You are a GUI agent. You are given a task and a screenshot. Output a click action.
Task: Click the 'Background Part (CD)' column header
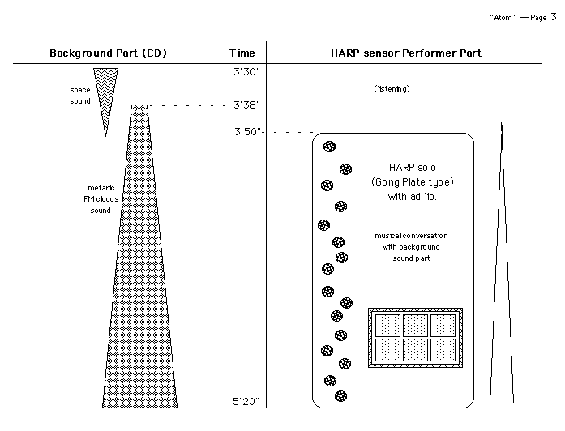108,53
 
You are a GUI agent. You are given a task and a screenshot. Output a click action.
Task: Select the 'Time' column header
242,53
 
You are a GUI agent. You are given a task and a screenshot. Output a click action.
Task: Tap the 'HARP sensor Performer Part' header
405,53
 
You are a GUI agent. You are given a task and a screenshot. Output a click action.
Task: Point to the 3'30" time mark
245,72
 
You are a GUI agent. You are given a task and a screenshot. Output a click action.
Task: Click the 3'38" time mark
245,105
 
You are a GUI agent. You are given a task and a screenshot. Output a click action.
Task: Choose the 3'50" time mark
247,131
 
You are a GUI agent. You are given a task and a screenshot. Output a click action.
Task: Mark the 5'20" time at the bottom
245,401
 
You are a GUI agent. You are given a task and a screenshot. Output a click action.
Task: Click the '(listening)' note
392,88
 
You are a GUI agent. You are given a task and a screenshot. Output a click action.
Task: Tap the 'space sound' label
80,95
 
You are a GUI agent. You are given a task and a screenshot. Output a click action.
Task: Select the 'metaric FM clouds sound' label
101,199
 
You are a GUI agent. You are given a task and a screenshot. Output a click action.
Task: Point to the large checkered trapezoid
141,267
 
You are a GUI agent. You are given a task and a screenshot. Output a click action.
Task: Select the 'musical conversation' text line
411,235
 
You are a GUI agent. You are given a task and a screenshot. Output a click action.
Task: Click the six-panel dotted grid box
415,337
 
